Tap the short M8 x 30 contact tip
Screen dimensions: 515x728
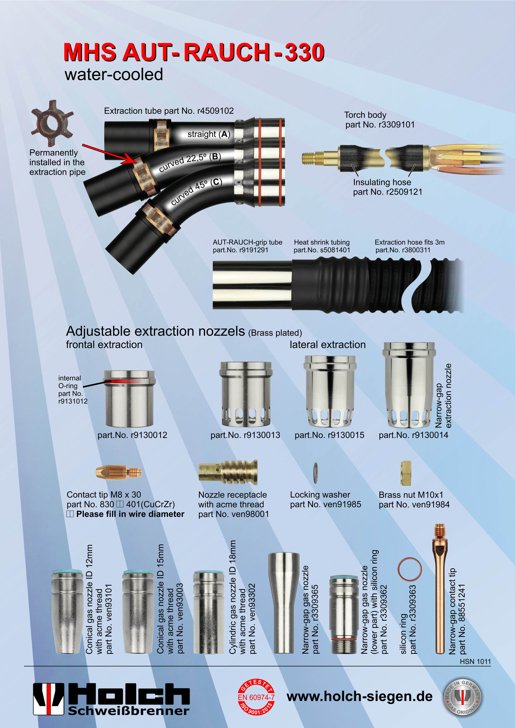point(119,473)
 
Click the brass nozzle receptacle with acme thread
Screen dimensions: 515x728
point(228,473)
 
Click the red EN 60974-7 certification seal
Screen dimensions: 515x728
point(256,697)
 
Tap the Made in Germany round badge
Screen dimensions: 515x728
point(462,697)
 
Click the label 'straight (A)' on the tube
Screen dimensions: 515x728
point(209,134)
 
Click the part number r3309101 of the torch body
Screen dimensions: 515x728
point(396,125)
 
